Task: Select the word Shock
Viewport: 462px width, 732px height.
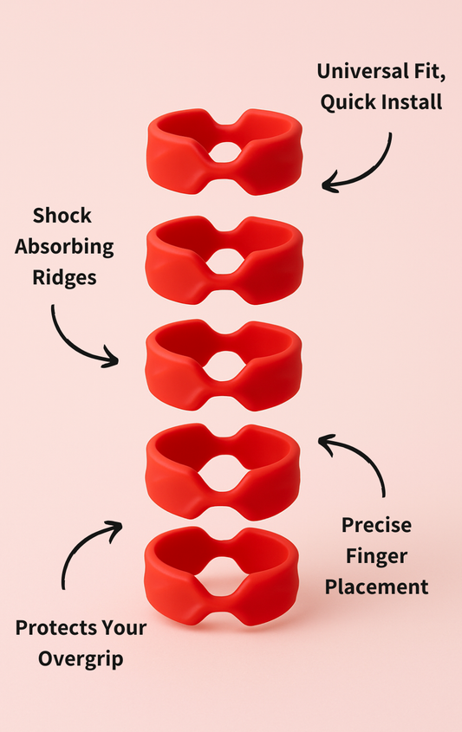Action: (x=62, y=215)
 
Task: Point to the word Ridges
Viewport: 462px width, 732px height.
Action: (x=64, y=277)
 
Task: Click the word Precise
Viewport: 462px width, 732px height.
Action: (x=376, y=524)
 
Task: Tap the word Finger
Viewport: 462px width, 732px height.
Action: (x=375, y=555)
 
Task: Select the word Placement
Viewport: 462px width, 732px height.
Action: (x=375, y=586)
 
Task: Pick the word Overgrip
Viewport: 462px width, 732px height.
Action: (x=81, y=658)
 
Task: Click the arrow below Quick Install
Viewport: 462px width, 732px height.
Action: (x=360, y=165)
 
